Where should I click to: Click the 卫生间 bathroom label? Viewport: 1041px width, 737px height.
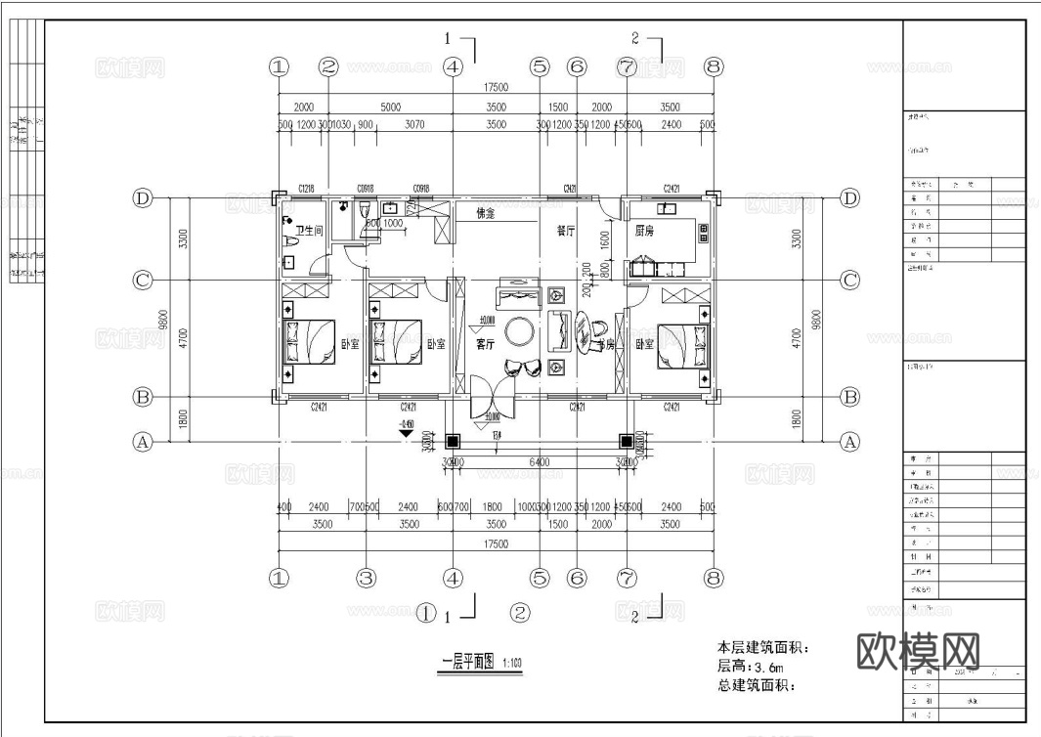pyautogui.click(x=310, y=232)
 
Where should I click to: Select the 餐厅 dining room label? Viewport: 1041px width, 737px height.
pyautogui.click(x=566, y=232)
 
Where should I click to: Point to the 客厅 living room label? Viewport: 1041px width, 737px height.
pyautogui.click(x=486, y=344)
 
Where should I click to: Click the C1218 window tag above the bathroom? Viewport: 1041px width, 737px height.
pyautogui.click(x=306, y=188)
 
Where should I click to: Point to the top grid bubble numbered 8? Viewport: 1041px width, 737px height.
pyautogui.click(x=714, y=66)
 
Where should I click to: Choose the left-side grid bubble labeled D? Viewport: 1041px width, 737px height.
pyautogui.click(x=144, y=198)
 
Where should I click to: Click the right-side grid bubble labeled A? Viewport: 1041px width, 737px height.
pyautogui.click(x=849, y=442)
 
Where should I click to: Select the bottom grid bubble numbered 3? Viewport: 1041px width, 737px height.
pyautogui.click(x=366, y=578)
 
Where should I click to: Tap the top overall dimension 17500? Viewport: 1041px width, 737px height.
pyautogui.click(x=496, y=87)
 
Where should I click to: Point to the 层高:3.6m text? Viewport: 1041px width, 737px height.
pyautogui.click(x=751, y=666)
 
